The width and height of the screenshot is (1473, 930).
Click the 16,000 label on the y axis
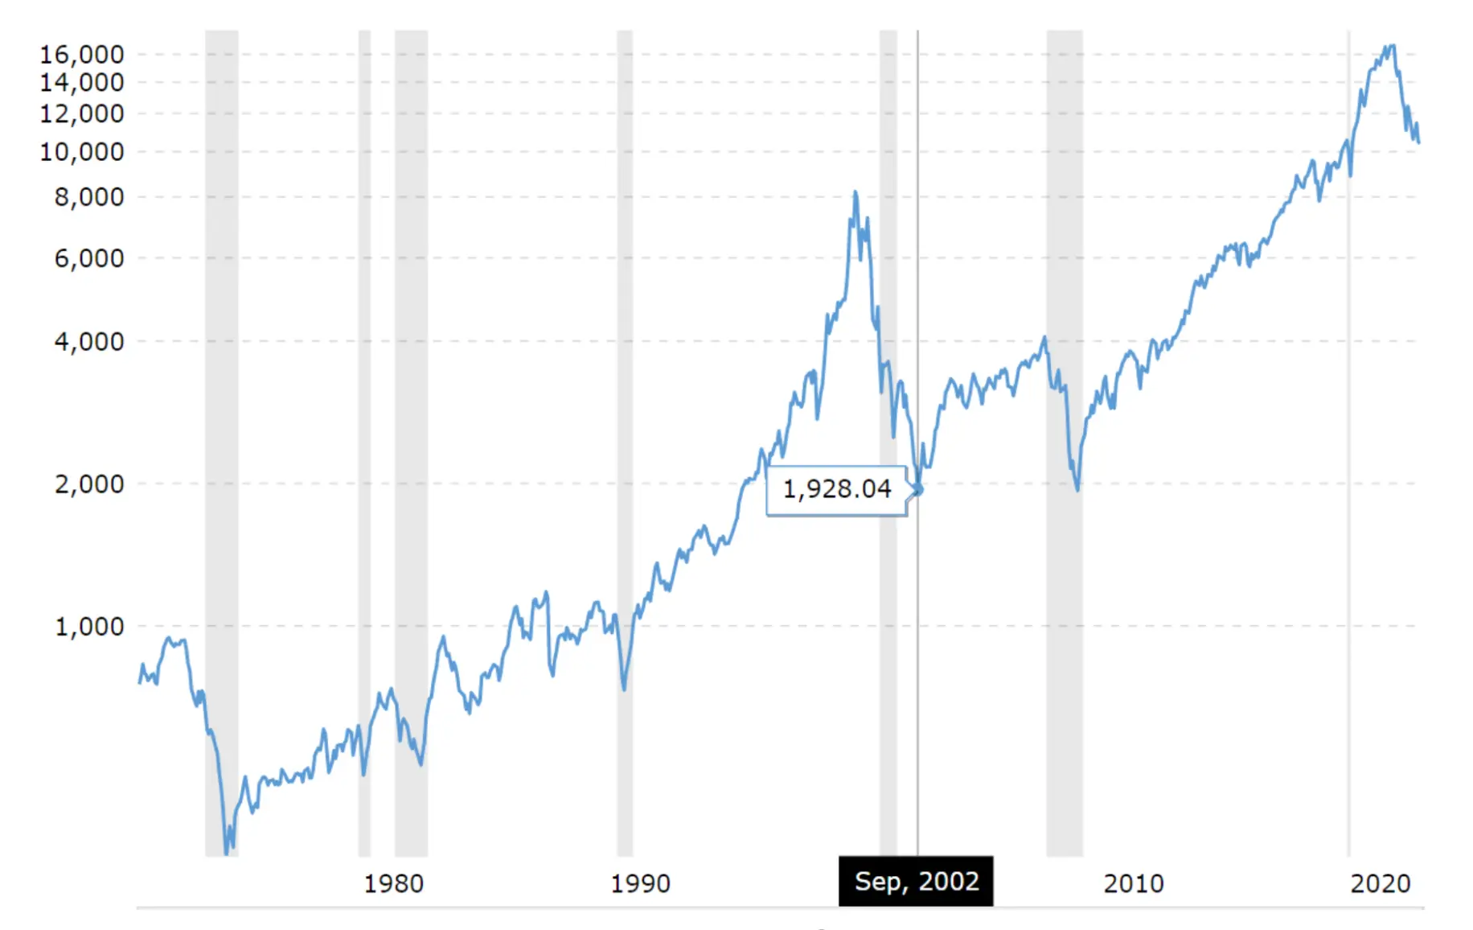click(x=82, y=55)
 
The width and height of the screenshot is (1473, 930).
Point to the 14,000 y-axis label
click(x=82, y=82)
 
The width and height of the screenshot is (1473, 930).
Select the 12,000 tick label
click(x=82, y=113)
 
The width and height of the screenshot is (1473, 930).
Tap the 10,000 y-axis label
click(x=82, y=151)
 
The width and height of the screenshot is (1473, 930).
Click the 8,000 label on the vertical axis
click(x=89, y=197)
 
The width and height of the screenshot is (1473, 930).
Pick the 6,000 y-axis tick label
click(x=89, y=258)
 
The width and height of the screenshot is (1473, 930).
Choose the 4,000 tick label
click(x=89, y=342)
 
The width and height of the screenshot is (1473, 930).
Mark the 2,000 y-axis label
click(x=89, y=484)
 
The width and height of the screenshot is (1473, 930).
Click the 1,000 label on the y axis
click(x=89, y=627)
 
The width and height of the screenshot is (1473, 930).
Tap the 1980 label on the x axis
click(x=393, y=884)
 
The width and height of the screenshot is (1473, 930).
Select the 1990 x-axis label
click(x=640, y=884)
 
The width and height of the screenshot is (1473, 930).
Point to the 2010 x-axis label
click(x=1133, y=884)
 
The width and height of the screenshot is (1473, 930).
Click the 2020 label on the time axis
click(x=1380, y=884)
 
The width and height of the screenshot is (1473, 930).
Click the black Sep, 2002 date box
click(x=916, y=882)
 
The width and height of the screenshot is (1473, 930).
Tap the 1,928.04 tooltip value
click(x=836, y=489)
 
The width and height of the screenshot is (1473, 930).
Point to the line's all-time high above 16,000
click(x=1392, y=46)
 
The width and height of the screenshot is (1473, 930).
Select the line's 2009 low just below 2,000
click(x=1077, y=489)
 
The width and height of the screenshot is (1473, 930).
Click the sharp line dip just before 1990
click(x=624, y=689)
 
